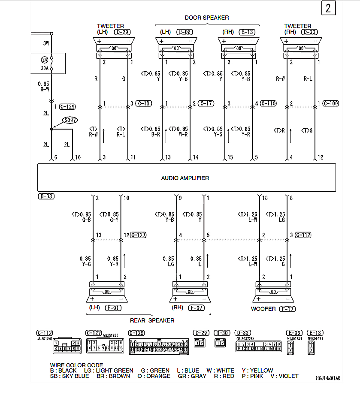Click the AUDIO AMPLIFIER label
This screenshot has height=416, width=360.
pos(185,178)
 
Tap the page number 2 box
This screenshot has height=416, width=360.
pos(328,9)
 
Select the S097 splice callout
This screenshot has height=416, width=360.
pos(69,121)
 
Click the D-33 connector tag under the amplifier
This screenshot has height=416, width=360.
pos(46,196)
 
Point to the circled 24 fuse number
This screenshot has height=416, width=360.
pos(44,60)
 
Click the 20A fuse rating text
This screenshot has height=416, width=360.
pos(44,69)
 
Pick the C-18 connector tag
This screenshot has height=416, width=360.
pos(144,103)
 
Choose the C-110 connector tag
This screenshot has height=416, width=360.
pos(268,103)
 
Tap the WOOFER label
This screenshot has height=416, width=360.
pos(263,309)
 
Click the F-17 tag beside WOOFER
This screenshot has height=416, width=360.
pos(287,309)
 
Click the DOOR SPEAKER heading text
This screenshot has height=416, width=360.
pos(207,18)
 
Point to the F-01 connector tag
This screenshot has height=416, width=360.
pos(114,307)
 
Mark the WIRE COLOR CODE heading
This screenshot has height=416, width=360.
pos(76,365)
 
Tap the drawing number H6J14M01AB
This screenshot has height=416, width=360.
pos(328,378)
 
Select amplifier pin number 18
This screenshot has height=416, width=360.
pos(265,198)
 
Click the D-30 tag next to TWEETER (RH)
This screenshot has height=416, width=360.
pos(310,32)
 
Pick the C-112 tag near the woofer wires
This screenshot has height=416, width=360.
pos(303,235)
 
